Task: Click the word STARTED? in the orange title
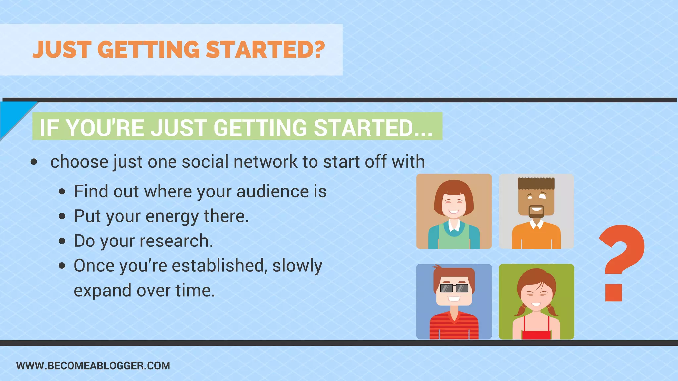coord(265,50)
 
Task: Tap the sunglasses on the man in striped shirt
coord(454,288)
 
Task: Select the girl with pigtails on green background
coord(536,301)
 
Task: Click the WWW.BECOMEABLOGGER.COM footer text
coord(93,366)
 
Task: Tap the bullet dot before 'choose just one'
coord(34,162)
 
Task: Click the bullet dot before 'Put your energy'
coord(62,217)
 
